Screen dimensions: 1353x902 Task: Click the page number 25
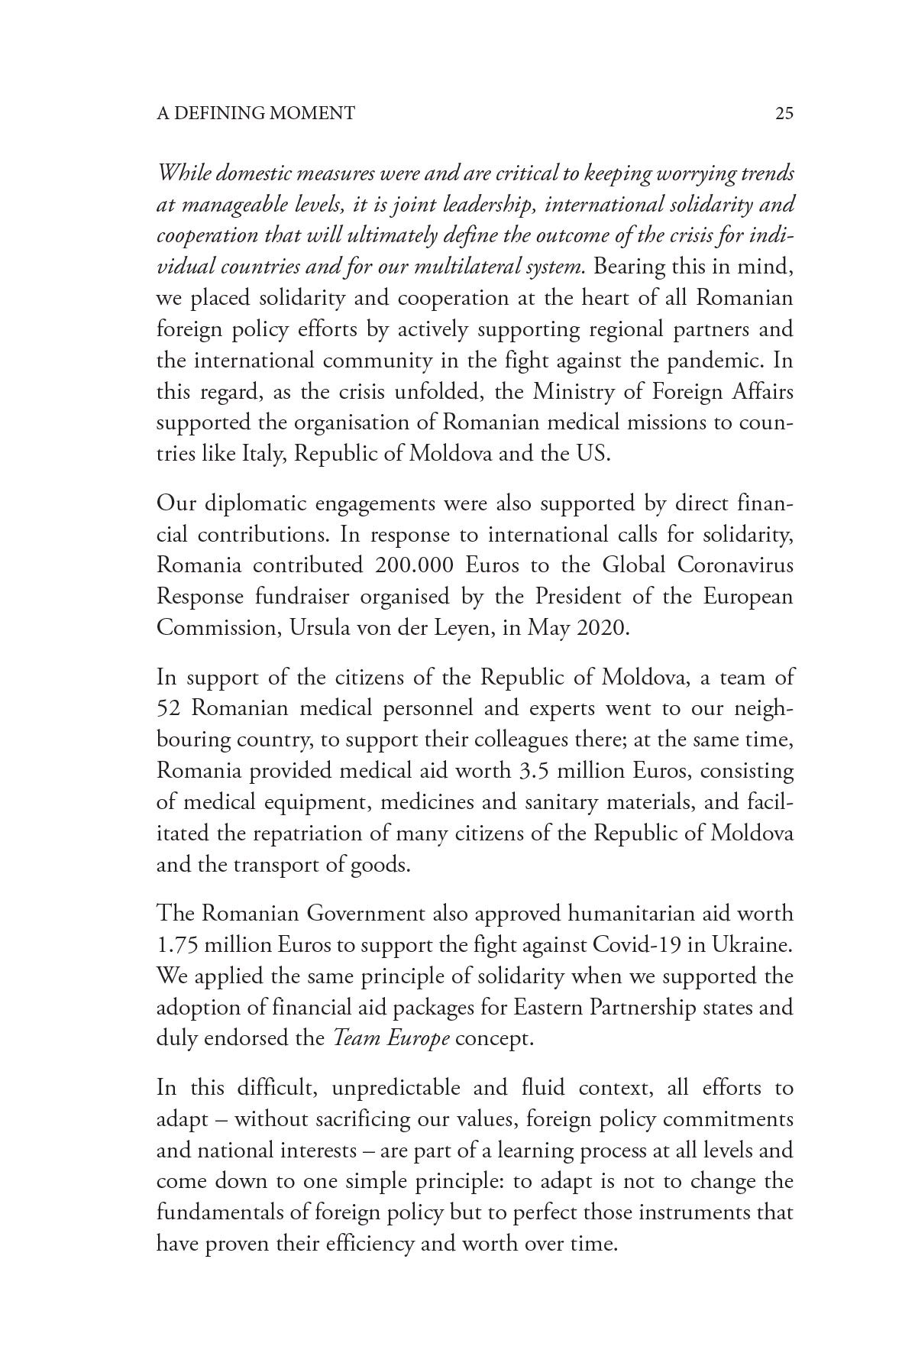tap(784, 114)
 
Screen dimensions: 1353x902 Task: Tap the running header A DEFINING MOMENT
tap(255, 114)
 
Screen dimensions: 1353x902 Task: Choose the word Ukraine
tap(752, 945)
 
